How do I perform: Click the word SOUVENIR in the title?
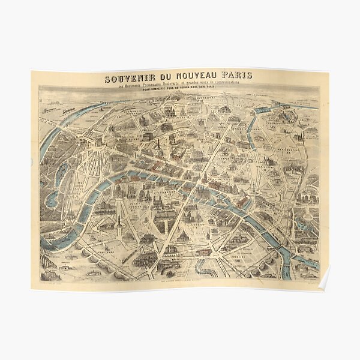(130, 78)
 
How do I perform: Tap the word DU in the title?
(166, 78)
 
